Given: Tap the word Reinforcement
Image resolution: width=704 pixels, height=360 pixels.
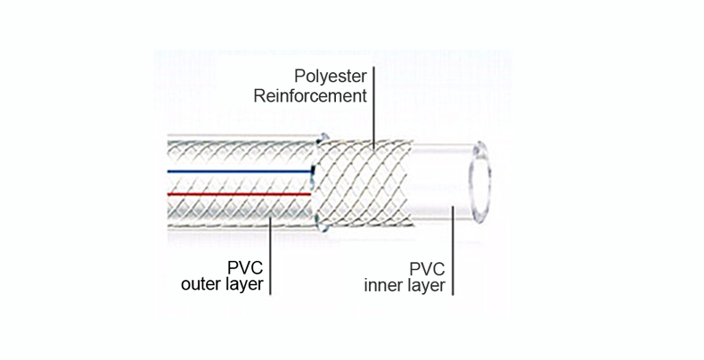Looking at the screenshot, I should click(311, 95).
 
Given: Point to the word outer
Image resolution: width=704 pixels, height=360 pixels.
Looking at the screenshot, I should click(201, 285).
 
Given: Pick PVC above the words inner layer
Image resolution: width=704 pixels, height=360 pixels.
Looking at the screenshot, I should click(426, 267).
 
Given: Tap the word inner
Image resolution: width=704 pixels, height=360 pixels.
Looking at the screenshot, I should click(384, 285).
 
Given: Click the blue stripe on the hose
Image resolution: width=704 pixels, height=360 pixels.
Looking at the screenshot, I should click(241, 167).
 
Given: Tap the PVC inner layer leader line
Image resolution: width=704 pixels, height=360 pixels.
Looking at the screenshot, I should click(454, 250).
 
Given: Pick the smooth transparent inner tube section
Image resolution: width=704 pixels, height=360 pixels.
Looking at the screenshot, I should click(437, 183).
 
